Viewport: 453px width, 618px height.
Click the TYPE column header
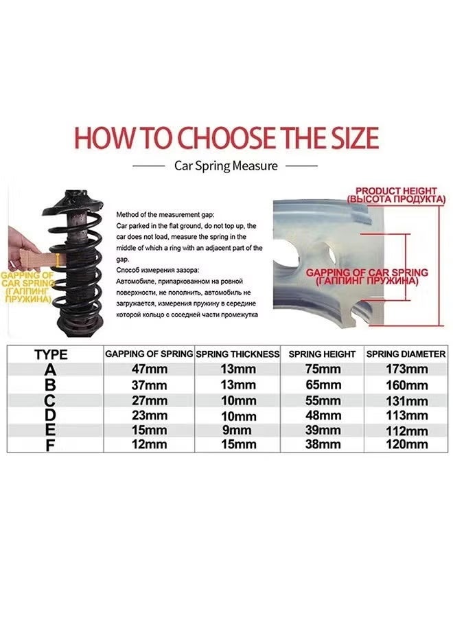coord(51,354)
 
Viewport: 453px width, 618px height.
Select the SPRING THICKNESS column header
coord(237,354)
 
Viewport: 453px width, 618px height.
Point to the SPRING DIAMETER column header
coord(406,354)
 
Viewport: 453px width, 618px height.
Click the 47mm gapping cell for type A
coord(150,369)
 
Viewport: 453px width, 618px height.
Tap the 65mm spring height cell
coord(323,385)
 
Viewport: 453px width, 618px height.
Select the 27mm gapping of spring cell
coord(150,400)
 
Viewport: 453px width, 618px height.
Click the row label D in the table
coord(51,415)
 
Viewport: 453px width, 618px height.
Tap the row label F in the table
coord(51,446)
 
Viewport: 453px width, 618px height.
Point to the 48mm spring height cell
coord(323,415)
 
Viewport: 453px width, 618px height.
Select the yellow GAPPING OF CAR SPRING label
coord(25,288)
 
